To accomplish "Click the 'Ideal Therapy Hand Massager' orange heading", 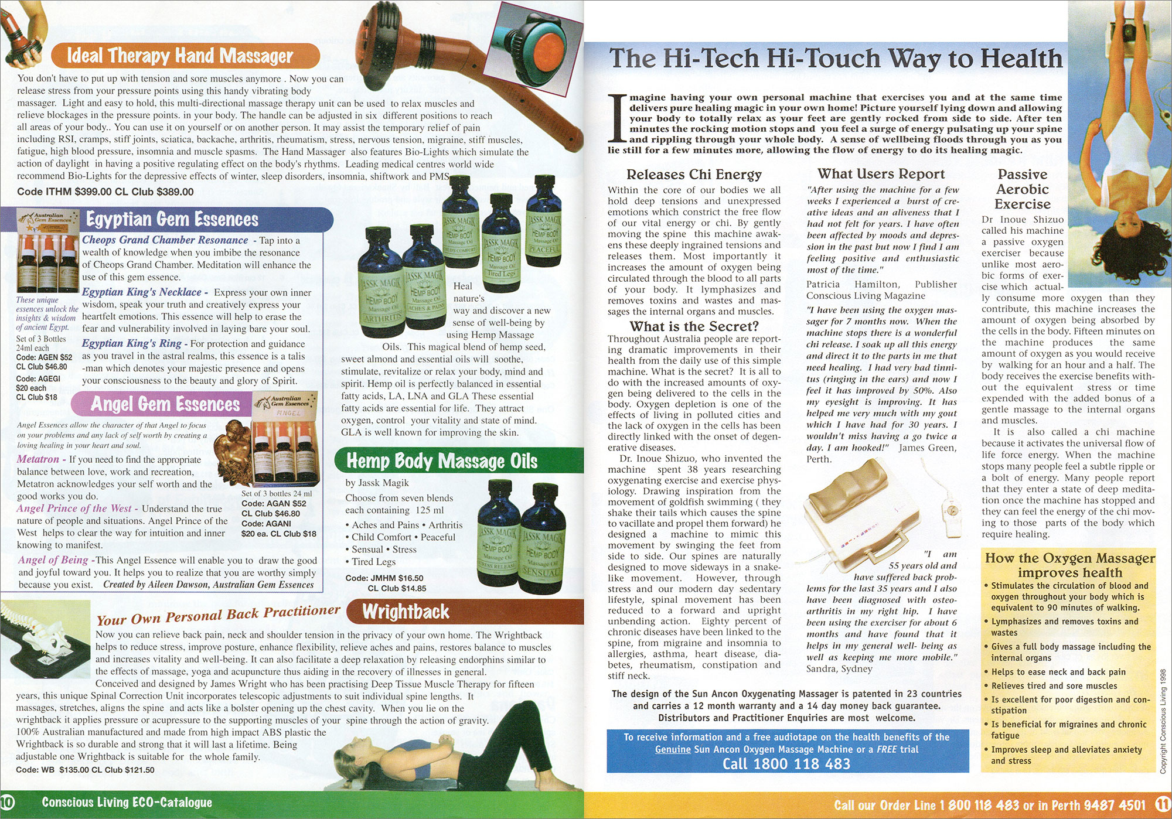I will [180, 56].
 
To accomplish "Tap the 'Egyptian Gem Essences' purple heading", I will [172, 219].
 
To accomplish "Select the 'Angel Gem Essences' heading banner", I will [165, 404].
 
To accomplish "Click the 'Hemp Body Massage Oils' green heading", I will [442, 461].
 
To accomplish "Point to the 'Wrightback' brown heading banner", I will [406, 612].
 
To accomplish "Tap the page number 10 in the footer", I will [7, 801].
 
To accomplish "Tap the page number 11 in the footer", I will [1163, 803].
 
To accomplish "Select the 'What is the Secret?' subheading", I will [694, 326].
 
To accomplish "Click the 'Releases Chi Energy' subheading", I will [694, 174].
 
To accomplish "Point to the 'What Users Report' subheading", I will [881, 173].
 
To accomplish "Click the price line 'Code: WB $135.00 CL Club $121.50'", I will [85, 770].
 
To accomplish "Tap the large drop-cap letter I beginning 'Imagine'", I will [616, 118].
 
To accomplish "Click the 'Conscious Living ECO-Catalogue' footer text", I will [127, 802].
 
